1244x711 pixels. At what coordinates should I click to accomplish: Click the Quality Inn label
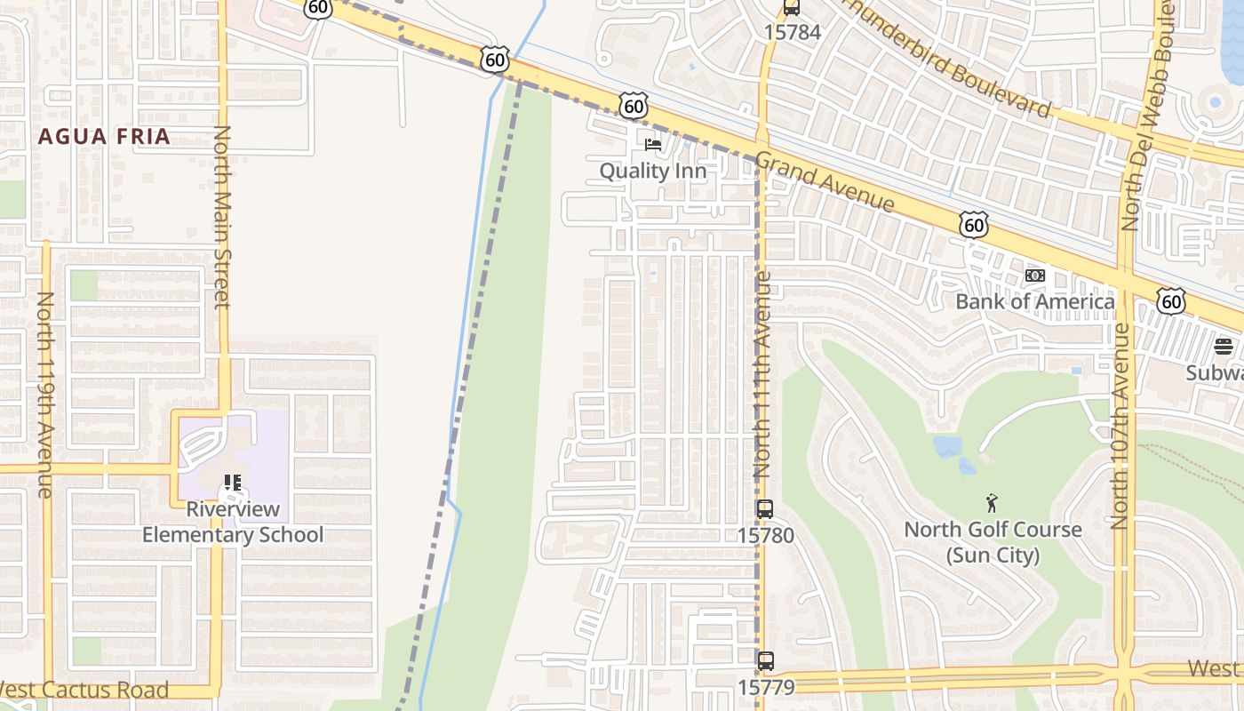[652, 171]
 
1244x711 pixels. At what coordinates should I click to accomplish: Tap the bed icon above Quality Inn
[653, 144]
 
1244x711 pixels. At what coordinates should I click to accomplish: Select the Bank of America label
[1034, 301]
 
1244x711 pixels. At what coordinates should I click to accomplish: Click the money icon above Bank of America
[1034, 276]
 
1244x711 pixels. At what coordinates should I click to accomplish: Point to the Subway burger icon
[1224, 347]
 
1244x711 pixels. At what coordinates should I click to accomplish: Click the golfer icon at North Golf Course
[992, 504]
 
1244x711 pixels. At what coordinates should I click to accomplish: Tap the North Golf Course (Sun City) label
[993, 542]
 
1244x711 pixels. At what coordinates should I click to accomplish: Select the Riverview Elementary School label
[233, 522]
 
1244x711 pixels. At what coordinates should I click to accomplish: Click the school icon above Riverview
[233, 483]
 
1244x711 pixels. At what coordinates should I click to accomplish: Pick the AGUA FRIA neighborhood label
[104, 137]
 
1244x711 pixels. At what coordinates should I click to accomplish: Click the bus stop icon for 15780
[764, 509]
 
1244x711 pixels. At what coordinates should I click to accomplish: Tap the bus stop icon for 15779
[765, 661]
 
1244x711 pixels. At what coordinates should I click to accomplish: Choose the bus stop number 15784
[792, 32]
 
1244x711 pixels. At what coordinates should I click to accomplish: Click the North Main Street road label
[222, 218]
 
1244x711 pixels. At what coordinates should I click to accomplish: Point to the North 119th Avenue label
[45, 395]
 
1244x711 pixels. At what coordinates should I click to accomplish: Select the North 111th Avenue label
[762, 374]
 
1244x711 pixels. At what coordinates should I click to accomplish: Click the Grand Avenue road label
[825, 185]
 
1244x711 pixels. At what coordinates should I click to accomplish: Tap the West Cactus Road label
[84, 690]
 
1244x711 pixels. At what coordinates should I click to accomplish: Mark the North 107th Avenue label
[1120, 427]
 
